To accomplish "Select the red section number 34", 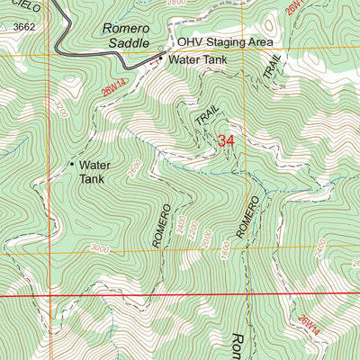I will [227, 140].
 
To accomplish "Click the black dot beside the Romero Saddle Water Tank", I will [161, 59].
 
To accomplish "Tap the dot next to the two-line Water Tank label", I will [71, 165].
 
